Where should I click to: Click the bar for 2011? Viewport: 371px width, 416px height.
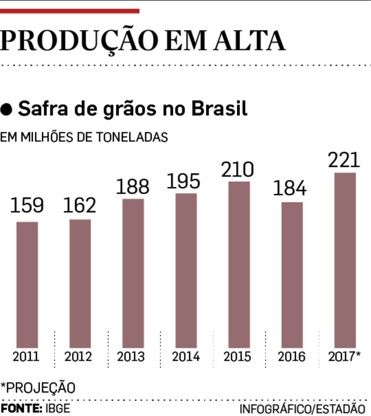pos(27,285)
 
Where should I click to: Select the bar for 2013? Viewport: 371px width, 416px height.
pos(133,273)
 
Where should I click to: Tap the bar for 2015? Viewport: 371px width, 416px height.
pos(239,265)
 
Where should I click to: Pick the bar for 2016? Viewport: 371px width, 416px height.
pos(292,275)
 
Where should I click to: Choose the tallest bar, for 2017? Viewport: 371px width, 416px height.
pos(345,260)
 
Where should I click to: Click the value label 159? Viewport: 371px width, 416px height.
pos(27,206)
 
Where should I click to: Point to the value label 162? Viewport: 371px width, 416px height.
pos(80,205)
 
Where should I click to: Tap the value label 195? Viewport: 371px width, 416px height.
pos(183,181)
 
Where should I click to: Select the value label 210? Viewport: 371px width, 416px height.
pos(238,170)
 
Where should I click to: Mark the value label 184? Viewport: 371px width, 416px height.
pos(290,188)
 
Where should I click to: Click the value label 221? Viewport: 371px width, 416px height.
pos(344,160)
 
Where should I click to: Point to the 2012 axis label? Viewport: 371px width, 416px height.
pos(78,356)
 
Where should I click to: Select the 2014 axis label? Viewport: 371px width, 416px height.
pos(185,356)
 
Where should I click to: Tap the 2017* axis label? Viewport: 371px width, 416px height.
pos(344,356)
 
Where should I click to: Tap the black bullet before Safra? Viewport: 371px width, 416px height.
pos(7,109)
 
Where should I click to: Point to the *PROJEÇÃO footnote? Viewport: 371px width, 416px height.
pos(38,388)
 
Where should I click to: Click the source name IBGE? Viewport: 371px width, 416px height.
pos(57,408)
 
